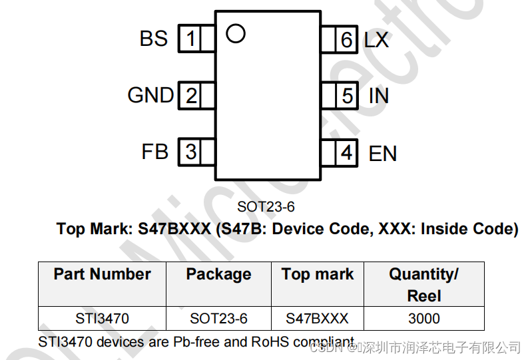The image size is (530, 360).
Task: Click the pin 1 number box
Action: point(190,39)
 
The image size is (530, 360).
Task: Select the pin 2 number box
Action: point(190,96)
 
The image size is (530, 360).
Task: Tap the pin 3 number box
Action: point(190,152)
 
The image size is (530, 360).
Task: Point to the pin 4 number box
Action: point(346,153)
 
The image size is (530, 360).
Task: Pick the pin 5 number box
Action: point(346,96)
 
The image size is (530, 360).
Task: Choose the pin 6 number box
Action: point(346,40)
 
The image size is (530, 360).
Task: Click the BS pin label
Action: point(154,39)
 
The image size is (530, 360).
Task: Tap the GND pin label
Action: point(150,96)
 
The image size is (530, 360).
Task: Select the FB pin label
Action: point(154,152)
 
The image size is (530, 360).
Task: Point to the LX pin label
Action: point(376,40)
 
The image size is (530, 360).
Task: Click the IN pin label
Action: point(378,96)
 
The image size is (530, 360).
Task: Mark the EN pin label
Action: point(382,154)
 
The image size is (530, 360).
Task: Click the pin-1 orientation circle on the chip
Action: point(235,33)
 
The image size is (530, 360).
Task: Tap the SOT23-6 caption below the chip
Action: point(266,206)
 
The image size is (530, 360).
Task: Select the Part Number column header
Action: point(102,274)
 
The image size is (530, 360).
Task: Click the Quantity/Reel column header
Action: point(423,284)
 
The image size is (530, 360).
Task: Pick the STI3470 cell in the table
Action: point(102,318)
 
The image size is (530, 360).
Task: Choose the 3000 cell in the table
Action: point(423,318)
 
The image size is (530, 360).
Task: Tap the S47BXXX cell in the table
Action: point(317,318)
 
